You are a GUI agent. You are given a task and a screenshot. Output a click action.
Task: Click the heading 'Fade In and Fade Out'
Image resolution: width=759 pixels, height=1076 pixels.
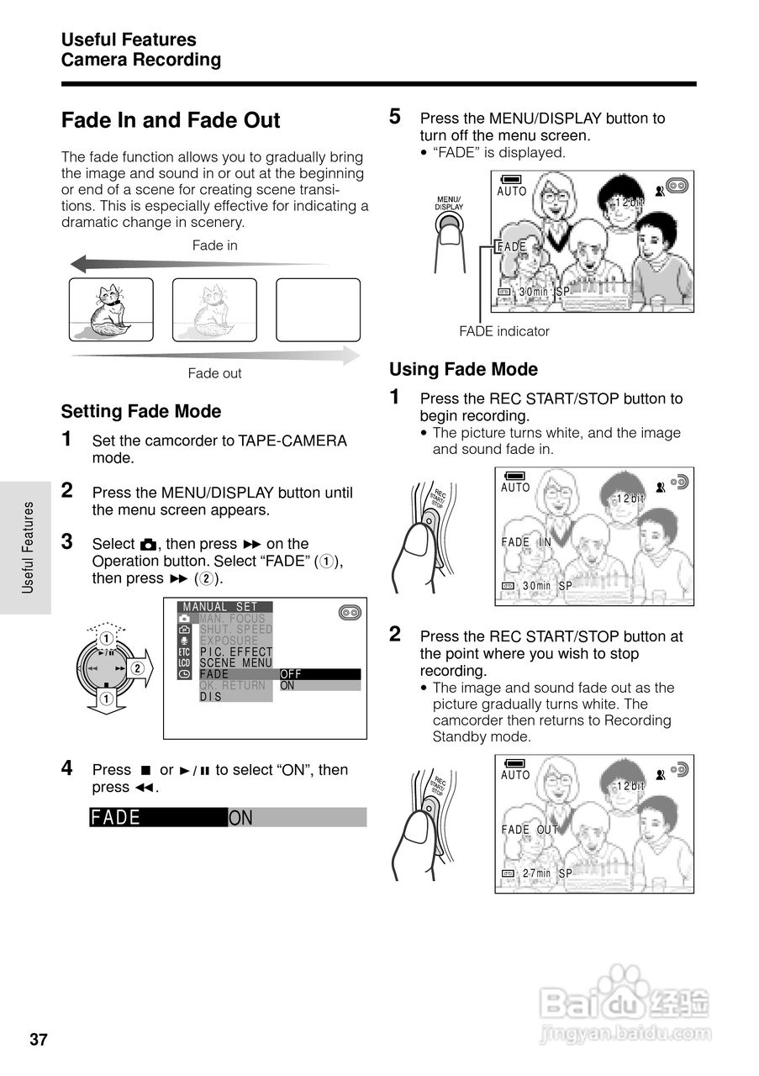click(171, 120)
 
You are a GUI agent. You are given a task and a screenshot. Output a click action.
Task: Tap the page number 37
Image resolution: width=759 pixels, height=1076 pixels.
click(39, 1040)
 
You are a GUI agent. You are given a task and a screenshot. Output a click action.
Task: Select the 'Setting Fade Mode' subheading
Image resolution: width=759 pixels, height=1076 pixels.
click(141, 411)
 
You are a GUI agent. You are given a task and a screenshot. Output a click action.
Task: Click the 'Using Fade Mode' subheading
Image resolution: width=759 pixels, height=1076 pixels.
click(463, 369)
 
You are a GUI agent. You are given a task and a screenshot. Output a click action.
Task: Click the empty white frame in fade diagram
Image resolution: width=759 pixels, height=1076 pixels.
click(318, 309)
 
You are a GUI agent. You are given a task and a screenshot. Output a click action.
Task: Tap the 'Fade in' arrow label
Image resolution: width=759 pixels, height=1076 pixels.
click(215, 245)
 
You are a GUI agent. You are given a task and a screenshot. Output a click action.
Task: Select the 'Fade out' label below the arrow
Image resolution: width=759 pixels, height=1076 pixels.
click(214, 373)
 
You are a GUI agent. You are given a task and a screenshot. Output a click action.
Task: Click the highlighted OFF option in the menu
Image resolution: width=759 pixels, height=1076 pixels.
click(291, 674)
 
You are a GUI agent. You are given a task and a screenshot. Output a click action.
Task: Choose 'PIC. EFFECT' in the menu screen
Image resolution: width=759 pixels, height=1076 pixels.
click(236, 651)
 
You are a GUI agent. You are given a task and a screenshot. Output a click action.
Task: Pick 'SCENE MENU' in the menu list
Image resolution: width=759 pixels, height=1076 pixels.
click(236, 662)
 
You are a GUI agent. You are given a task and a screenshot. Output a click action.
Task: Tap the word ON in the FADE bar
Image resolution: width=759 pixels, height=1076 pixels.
click(241, 818)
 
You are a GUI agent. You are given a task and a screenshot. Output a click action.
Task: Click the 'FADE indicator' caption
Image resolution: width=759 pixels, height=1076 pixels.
click(504, 331)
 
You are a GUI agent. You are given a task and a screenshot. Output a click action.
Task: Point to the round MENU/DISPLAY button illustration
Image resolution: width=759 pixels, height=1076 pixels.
click(450, 224)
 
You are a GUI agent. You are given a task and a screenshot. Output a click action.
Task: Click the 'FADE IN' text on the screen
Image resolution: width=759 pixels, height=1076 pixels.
click(526, 542)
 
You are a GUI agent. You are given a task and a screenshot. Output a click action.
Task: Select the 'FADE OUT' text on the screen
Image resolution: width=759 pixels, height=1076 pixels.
click(530, 830)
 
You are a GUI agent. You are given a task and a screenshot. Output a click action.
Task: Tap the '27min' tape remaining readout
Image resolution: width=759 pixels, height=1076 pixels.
click(536, 873)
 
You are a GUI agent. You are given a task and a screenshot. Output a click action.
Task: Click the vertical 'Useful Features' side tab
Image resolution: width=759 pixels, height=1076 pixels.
click(28, 547)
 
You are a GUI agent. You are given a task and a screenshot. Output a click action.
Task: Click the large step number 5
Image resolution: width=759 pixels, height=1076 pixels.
click(395, 117)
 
